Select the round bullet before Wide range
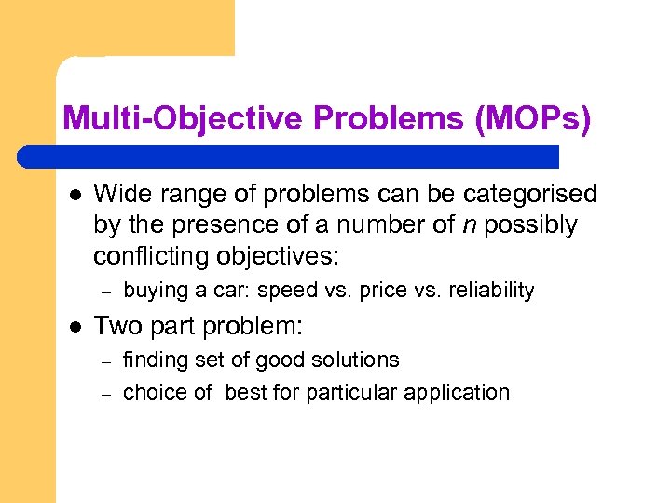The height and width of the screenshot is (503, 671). coord(73,195)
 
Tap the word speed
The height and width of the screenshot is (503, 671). coord(287,291)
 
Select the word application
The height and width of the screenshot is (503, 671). coord(460,392)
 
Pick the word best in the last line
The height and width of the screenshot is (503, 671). coord(245,392)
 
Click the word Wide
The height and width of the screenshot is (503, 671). coord(120,194)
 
